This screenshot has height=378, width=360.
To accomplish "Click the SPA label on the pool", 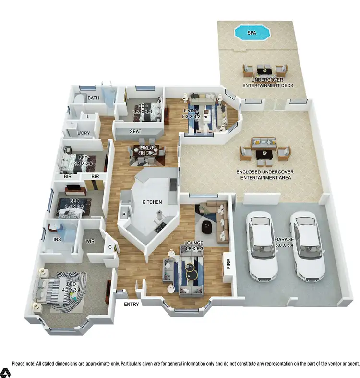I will click(x=251, y=33).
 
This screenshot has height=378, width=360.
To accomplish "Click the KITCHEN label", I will click(x=152, y=202).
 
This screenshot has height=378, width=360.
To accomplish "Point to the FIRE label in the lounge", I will click(x=228, y=264).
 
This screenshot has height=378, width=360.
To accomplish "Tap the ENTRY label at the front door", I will click(x=131, y=305).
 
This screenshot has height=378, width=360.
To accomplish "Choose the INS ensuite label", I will click(x=58, y=239).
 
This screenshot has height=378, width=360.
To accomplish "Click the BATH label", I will click(x=93, y=98).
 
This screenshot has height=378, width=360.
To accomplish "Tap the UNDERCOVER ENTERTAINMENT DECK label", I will click(x=267, y=83).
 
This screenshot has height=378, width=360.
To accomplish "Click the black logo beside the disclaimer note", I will click(x=5, y=372).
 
